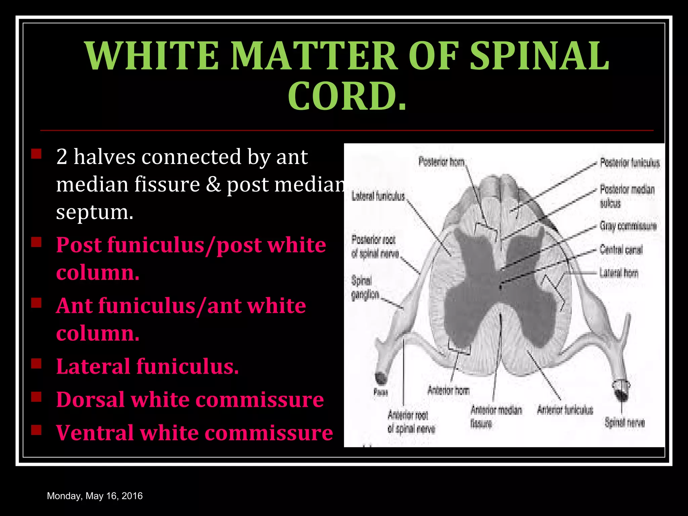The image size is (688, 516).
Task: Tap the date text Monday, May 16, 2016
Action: [95, 496]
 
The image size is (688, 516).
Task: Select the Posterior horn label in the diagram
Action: [441, 162]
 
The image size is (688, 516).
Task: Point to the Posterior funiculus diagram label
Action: [630, 163]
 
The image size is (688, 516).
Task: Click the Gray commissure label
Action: [628, 226]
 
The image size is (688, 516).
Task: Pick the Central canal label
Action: [621, 250]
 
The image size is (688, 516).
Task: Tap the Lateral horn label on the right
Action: [618, 273]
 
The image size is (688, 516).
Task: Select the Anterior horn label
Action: [448, 390]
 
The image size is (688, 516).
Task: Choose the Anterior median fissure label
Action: [496, 417]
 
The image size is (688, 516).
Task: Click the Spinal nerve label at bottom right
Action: [625, 422]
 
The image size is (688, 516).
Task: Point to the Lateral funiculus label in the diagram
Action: [378, 196]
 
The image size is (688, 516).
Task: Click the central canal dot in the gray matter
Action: [500, 287]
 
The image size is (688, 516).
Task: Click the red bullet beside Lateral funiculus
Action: [36, 364]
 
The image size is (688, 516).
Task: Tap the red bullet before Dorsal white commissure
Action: [36, 397]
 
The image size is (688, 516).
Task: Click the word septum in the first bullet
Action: [94, 213]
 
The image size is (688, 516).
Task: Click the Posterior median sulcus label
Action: [627, 196]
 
